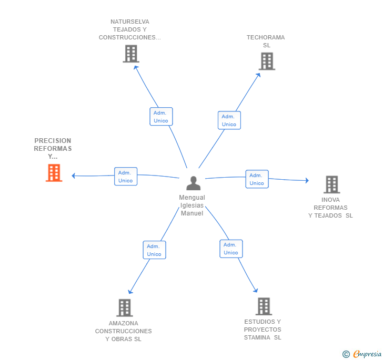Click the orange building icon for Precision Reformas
[x=54, y=173]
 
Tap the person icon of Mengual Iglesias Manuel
[x=193, y=183]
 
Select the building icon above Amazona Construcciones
[x=124, y=307]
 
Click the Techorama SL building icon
[x=267, y=61]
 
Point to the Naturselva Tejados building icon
[x=130, y=54]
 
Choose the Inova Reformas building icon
[x=331, y=184]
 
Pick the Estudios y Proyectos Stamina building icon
[x=263, y=306]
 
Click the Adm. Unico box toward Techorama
[x=229, y=120]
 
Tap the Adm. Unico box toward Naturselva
[x=161, y=117]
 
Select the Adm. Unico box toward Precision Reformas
[x=126, y=177]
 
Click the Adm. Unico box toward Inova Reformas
[x=257, y=179]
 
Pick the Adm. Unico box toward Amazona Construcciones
[x=154, y=250]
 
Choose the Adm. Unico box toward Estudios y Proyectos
[x=231, y=249]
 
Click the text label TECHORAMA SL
[x=266, y=42]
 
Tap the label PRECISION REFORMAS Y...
[x=53, y=149]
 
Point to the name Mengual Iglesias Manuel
[x=192, y=205]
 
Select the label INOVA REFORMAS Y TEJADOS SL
[x=330, y=208]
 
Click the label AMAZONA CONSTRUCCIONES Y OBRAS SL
[x=124, y=331]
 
